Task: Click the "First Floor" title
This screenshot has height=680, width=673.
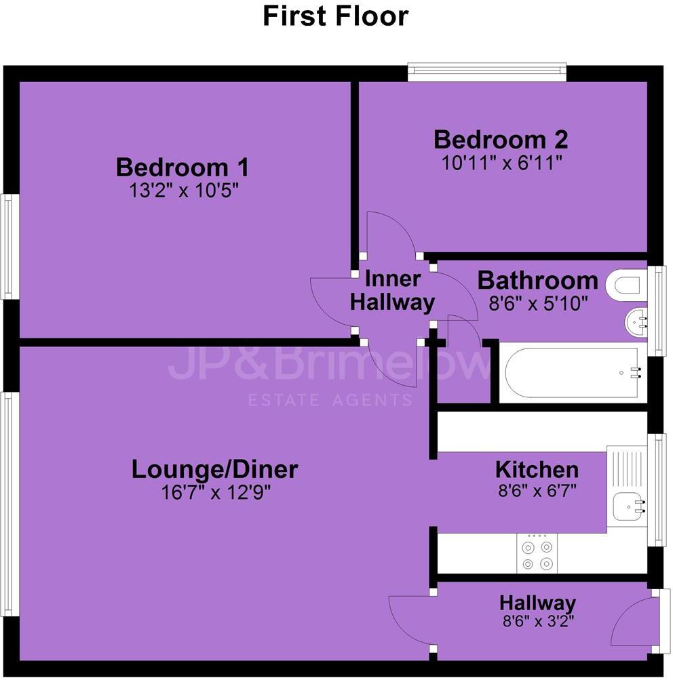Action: tap(336, 16)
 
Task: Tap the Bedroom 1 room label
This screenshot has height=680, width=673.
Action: tap(182, 167)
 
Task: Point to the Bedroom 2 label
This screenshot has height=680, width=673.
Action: tap(501, 140)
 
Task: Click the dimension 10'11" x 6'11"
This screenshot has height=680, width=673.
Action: tap(501, 163)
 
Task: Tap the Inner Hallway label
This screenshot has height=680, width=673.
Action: tap(393, 290)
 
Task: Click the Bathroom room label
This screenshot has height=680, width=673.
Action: tap(538, 280)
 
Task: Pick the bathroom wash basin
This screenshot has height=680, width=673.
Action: tap(638, 323)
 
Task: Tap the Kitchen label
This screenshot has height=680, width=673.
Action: tap(537, 469)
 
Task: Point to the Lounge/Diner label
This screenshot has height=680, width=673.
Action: tap(214, 469)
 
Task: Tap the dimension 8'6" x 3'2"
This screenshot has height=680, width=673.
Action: tap(537, 621)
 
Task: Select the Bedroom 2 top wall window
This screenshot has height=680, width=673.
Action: tap(486, 72)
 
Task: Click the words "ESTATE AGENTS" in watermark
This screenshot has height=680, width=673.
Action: tap(329, 400)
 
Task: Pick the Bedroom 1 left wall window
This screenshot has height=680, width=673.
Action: tap(8, 247)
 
